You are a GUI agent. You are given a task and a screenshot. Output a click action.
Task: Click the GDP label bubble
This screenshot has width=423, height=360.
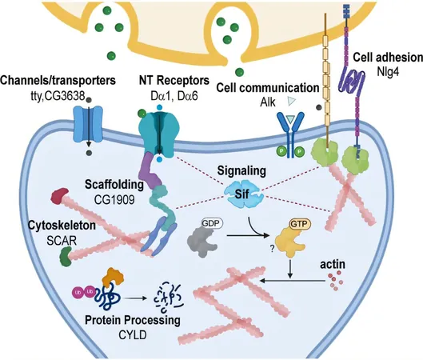click(212, 223)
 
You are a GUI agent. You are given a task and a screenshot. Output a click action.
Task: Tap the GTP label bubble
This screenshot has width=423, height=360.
click(300, 224)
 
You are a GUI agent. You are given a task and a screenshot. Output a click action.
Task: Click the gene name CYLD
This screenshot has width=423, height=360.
click(133, 335)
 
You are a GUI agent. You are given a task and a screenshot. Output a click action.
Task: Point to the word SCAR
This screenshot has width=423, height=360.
click(62, 241)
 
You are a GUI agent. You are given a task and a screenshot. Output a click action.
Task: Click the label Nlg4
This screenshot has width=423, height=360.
click(388, 72)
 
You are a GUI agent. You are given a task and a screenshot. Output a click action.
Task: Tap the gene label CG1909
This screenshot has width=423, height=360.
click(114, 200)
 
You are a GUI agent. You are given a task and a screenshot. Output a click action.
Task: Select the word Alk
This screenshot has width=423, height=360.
click(268, 102)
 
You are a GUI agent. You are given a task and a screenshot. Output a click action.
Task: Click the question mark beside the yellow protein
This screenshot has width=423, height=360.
click(272, 249)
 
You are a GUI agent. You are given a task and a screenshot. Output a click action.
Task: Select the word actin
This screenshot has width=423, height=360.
click(333, 265)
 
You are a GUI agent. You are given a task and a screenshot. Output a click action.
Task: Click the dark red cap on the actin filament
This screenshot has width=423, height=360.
click(59, 195)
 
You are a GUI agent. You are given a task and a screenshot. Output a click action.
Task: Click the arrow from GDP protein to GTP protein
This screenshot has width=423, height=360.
click(248, 235)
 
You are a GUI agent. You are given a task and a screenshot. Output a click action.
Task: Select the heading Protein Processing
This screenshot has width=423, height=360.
click(133, 320)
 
